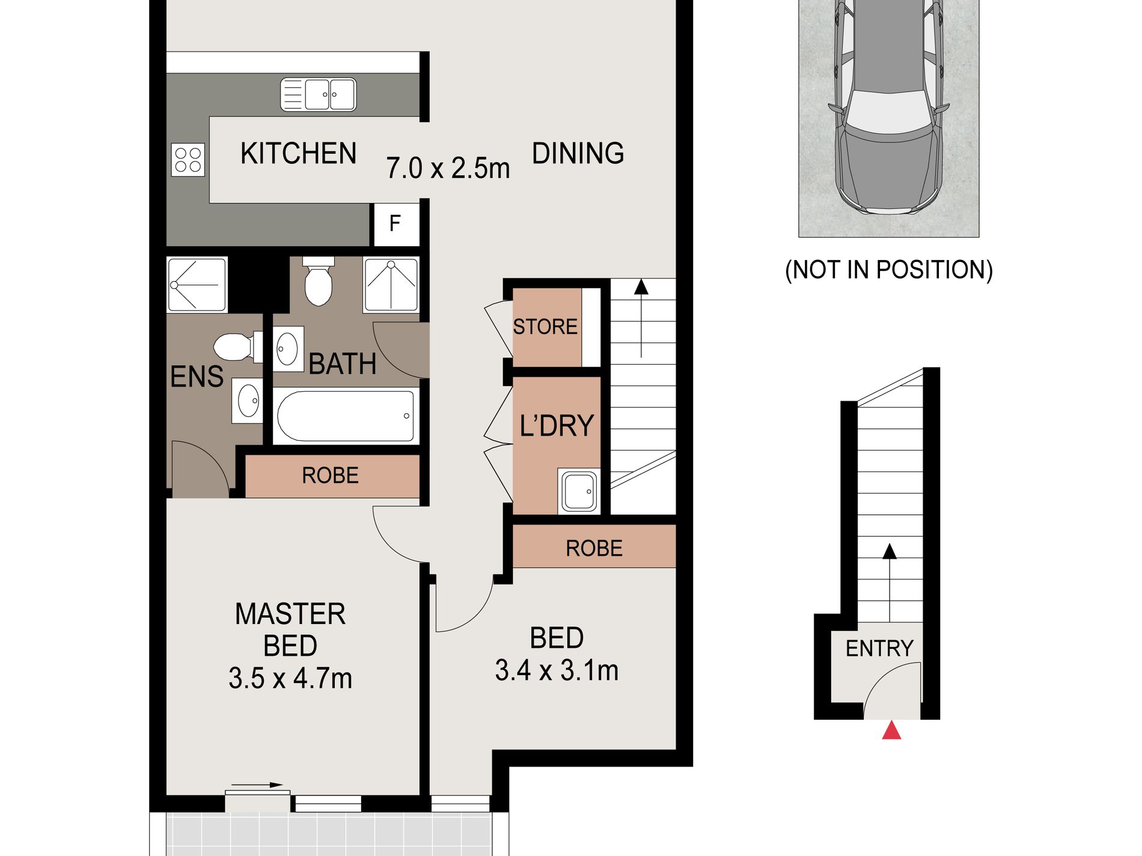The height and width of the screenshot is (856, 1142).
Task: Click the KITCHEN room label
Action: point(298,153)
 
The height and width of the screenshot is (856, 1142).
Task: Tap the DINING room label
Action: point(578,153)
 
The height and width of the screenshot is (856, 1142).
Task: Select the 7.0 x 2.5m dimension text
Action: point(448,168)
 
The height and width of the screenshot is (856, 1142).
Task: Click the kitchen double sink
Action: point(319,95)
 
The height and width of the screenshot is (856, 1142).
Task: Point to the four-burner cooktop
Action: point(188,160)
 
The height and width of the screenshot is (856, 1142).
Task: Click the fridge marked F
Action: point(395,224)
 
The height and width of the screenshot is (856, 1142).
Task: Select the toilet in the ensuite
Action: point(238,347)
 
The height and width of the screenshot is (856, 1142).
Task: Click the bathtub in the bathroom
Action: point(346,416)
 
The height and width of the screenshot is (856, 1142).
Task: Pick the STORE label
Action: point(545,327)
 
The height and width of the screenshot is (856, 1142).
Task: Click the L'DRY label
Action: point(557,425)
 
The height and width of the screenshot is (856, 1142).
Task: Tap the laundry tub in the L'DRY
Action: point(579,491)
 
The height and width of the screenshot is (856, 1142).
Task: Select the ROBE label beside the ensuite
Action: point(330,476)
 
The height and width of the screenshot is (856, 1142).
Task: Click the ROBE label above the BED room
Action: point(594,548)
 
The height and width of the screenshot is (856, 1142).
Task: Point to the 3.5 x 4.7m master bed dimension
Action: point(290,678)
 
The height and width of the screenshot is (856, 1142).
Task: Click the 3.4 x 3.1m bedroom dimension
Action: point(557,670)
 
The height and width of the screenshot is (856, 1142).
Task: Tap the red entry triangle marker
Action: point(891,730)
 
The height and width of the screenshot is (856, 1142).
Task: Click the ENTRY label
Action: point(879,649)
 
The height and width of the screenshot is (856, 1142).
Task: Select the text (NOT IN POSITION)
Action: point(889,270)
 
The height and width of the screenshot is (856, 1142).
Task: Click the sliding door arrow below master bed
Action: point(257,785)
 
